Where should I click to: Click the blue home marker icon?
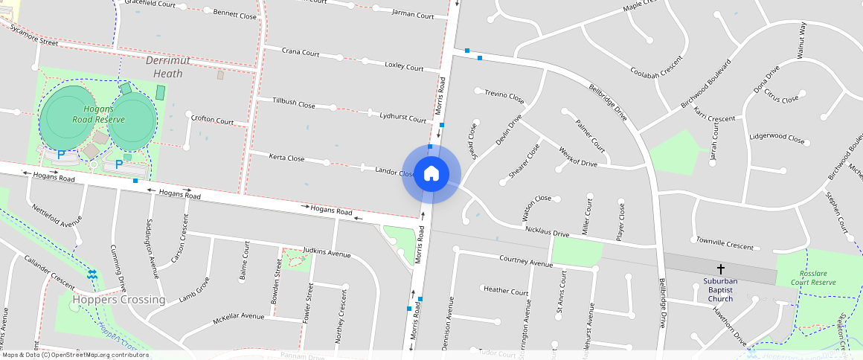pyautogui.click(x=431, y=174)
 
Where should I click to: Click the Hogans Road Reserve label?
pyautogui.click(x=98, y=114)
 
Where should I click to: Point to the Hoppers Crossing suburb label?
pyautogui.click(x=119, y=300)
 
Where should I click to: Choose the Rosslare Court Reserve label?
pyautogui.click(x=812, y=278)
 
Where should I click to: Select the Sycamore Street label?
pyautogui.click(x=33, y=34)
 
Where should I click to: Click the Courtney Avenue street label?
pyautogui.click(x=525, y=262)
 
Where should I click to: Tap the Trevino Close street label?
pyautogui.click(x=504, y=96)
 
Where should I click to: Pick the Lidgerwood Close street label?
pyautogui.click(x=777, y=139)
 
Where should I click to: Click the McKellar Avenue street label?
pyautogui.click(x=238, y=316)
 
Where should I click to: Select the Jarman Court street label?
pyautogui.click(x=413, y=14)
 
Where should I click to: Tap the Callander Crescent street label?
pyautogui.click(x=49, y=273)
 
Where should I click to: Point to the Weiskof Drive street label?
pyautogui.click(x=577, y=156)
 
